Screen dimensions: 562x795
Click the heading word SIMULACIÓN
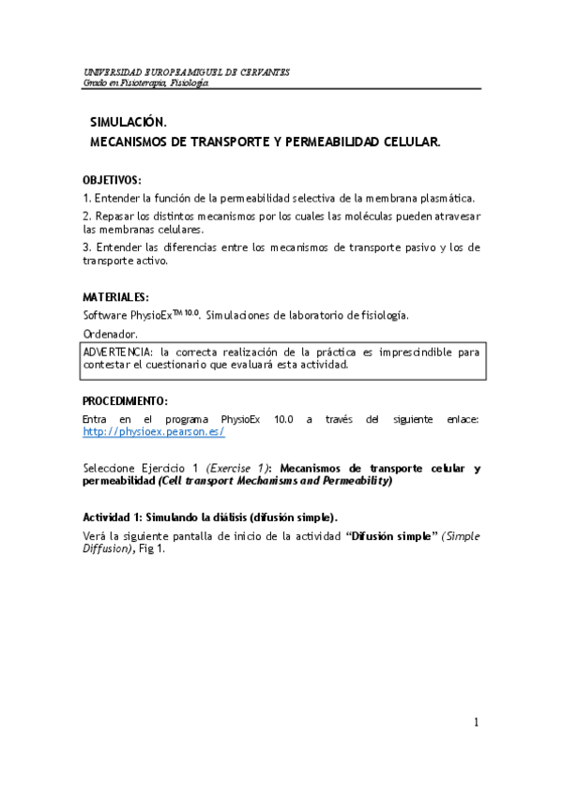click(x=128, y=123)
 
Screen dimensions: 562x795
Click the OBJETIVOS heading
click(x=112, y=180)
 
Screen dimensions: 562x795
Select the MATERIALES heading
click(x=115, y=297)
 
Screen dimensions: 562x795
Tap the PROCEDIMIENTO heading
click(x=125, y=400)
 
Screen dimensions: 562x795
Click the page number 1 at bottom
click(x=477, y=722)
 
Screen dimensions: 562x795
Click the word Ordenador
click(x=110, y=334)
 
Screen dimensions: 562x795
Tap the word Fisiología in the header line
click(x=191, y=82)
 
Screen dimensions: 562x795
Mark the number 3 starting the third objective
click(x=85, y=247)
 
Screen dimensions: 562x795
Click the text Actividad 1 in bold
click(x=113, y=517)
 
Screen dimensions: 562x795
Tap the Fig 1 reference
click(x=155, y=549)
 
